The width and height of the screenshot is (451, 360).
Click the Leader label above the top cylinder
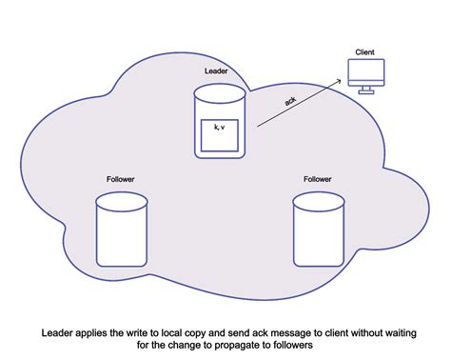pyautogui.click(x=217, y=71)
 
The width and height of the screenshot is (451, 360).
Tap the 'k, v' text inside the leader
pyautogui.click(x=219, y=127)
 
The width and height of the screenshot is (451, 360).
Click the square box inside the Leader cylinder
pyautogui.click(x=219, y=135)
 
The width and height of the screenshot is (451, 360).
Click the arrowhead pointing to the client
pyautogui.click(x=340, y=82)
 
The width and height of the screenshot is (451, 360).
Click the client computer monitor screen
pyautogui.click(x=367, y=70)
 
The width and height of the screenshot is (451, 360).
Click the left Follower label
pyautogui.click(x=122, y=179)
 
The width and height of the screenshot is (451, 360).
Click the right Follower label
pyautogui.click(x=318, y=179)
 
